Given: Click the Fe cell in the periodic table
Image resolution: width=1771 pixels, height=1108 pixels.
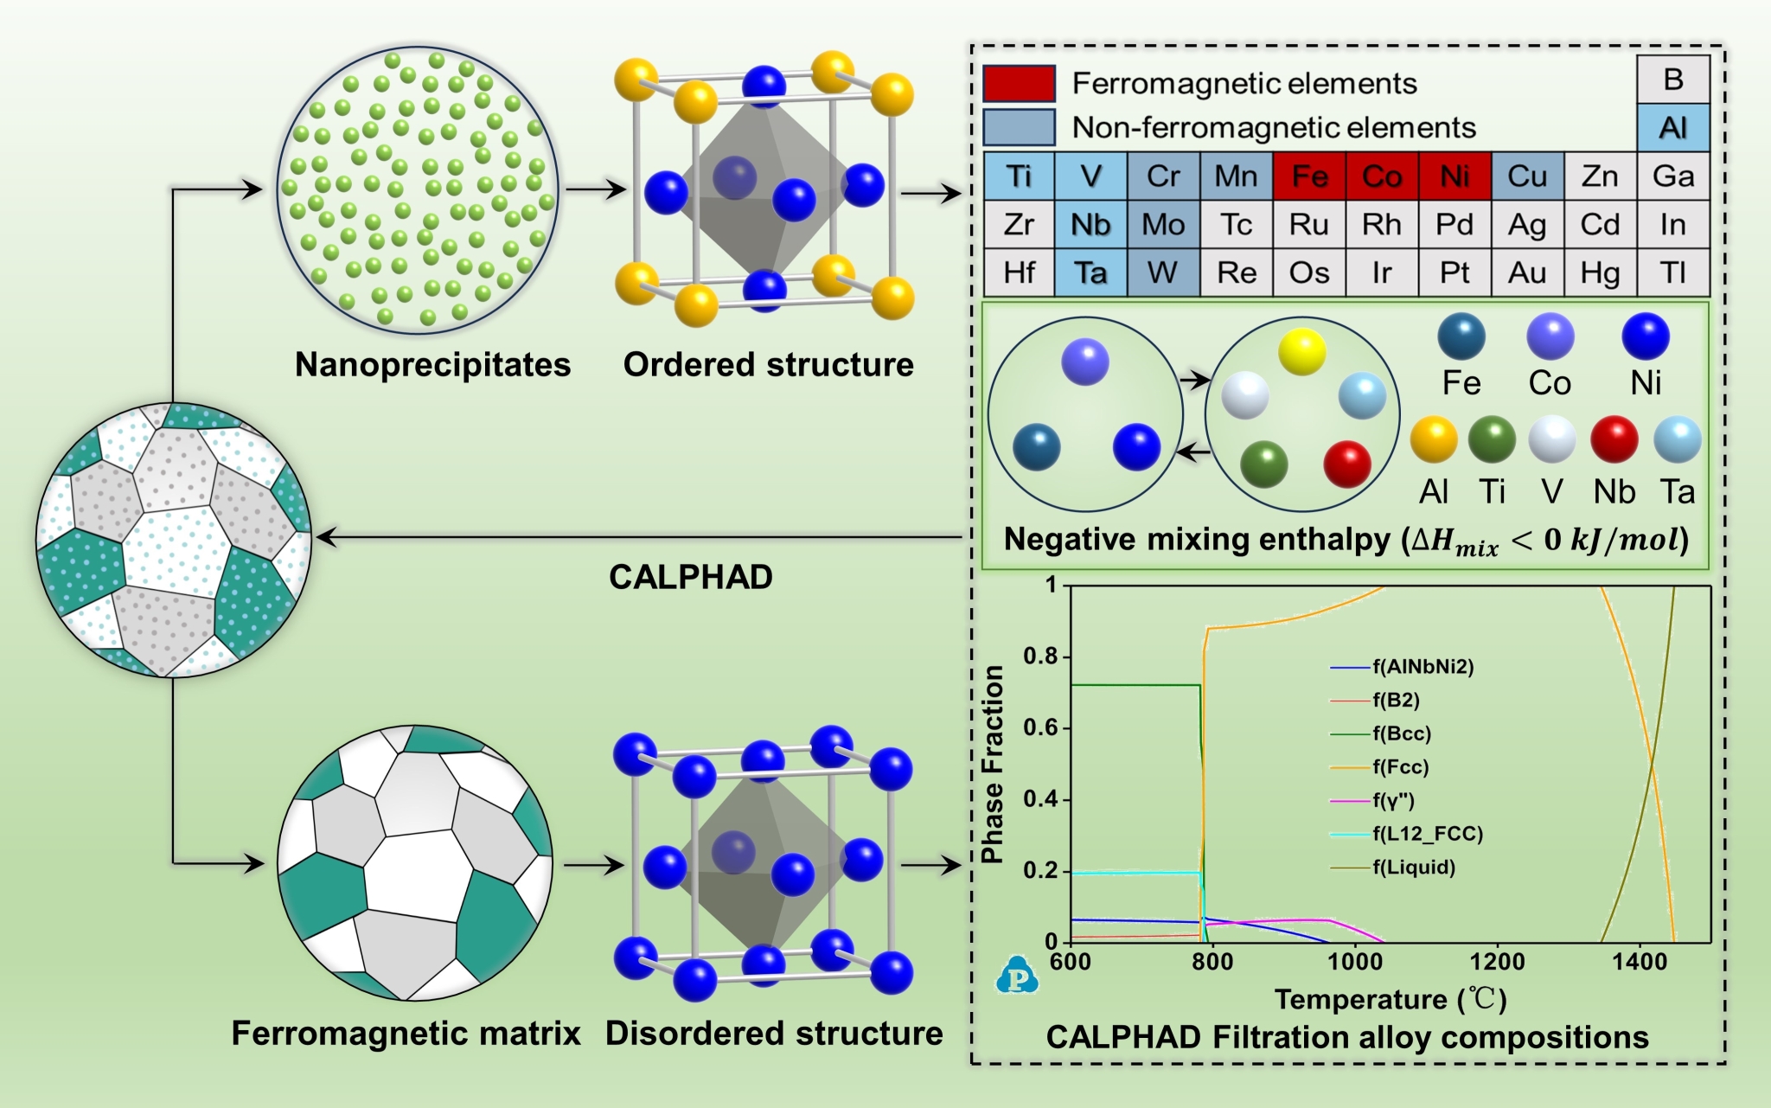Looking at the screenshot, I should pos(1308,176).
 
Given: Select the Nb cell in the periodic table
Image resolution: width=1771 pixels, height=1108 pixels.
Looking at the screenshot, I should pos(1090,225).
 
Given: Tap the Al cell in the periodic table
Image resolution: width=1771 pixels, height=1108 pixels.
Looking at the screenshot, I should pos(1672,128).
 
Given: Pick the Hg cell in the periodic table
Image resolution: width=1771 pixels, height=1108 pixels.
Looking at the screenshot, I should pos(1600,273).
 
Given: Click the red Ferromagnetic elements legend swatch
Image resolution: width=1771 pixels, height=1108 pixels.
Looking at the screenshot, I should pos(1019,84).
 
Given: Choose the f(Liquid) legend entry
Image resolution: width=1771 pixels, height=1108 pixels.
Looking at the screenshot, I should pos(1413,868).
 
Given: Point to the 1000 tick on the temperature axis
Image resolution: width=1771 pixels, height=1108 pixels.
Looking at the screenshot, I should pos(1355,961).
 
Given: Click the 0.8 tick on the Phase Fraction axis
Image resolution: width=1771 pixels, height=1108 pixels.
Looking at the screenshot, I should pos(1040,656).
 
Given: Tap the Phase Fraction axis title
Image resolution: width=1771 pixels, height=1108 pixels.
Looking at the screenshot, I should pos(993,765).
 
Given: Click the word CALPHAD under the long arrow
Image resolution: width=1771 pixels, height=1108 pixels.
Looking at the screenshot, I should pos(690,577).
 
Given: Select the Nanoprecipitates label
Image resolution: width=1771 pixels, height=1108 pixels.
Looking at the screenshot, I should pos(432,365).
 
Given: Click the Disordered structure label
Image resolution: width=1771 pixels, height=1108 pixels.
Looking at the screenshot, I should pos(774,1034).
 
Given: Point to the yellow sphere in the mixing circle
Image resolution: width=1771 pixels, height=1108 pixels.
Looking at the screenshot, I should pos(1301,351).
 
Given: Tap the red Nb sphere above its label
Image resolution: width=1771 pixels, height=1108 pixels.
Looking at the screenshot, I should pos(1614,439).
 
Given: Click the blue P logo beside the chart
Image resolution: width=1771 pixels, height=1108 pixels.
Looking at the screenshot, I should pos(1018,977).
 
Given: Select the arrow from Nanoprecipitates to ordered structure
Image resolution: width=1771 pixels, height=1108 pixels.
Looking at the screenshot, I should pos(595,189).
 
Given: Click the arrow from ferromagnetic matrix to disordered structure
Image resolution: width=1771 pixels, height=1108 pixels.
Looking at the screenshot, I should pos(593,864).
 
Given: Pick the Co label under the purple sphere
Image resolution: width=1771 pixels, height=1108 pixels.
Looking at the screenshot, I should pos(1549,383).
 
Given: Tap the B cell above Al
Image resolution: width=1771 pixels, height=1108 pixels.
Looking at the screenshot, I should pos(1672,80).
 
